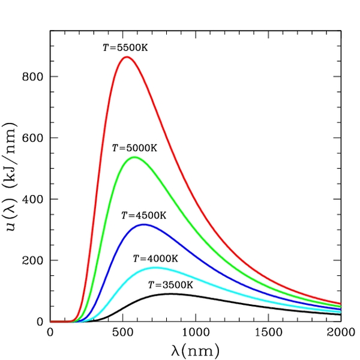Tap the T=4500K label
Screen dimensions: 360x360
[143, 215]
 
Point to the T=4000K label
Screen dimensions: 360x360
[155, 259]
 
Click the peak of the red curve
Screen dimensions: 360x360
[126, 57]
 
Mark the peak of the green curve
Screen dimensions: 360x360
[134, 157]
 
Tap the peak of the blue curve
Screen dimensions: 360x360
[143, 224]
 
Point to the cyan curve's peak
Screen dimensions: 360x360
[155, 268]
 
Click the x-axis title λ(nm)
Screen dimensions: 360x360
[194, 349]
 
